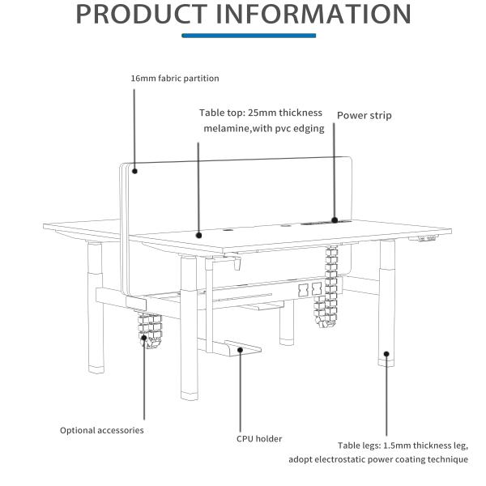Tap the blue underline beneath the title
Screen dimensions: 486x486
[x=249, y=36]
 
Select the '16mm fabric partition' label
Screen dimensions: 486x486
[x=175, y=79]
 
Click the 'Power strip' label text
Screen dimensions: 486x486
[x=364, y=116]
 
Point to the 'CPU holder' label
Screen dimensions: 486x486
[x=259, y=439]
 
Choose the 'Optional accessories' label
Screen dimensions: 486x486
[x=101, y=430]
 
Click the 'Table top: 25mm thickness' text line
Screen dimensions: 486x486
[x=261, y=113]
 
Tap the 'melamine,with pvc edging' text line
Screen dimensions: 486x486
[x=263, y=128]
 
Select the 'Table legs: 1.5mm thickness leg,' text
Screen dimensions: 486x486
[x=403, y=446]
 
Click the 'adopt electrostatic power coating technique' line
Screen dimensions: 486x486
[x=378, y=460]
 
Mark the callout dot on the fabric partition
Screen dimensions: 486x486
[x=134, y=170]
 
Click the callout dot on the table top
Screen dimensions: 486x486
[x=198, y=235]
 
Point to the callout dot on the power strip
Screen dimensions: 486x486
[x=334, y=219]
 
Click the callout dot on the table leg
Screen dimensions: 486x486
[x=386, y=353]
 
